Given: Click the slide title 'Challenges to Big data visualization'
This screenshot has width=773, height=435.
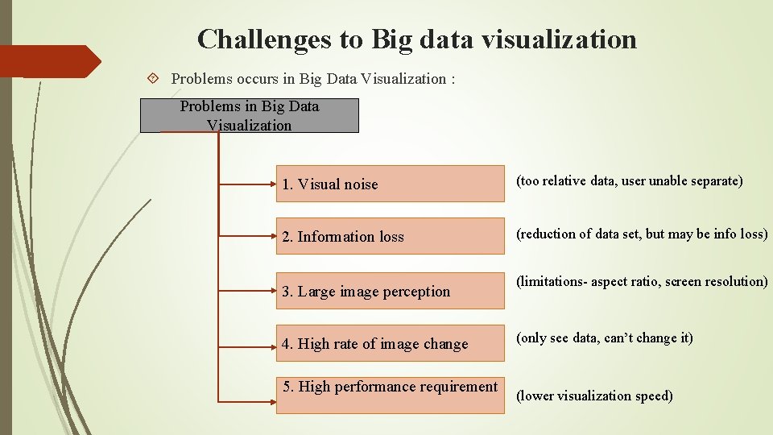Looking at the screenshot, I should point(416,39).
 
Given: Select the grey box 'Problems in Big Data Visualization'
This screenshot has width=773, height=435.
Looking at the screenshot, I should point(249,115).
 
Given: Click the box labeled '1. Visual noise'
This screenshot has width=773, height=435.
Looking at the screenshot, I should point(390,184).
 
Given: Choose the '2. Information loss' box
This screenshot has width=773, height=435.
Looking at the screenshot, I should point(390,236).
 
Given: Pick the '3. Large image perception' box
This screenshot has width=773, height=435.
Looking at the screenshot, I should point(390,291).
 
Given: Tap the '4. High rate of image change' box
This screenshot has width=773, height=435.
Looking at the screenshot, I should point(390,343).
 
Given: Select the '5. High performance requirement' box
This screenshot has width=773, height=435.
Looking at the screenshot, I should point(390,395).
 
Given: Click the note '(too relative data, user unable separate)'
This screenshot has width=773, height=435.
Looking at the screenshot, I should point(629,180).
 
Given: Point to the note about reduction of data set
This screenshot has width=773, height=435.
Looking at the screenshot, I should point(642,234).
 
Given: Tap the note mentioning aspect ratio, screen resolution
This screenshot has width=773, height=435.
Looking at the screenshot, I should point(642,281).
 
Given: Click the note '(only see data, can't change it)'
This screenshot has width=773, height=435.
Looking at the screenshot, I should point(604,338).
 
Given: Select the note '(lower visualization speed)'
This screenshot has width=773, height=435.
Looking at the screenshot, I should point(594,396).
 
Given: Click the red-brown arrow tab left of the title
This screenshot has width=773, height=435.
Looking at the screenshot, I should point(48,61).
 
